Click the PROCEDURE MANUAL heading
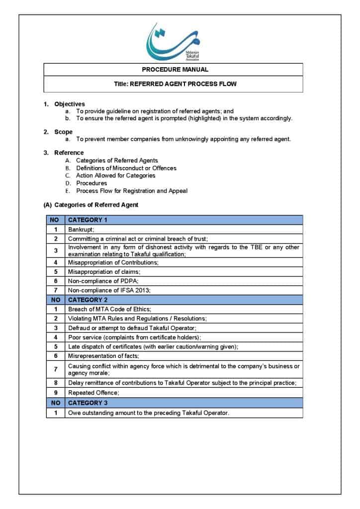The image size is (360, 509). (175, 70)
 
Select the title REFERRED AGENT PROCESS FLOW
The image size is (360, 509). (175, 84)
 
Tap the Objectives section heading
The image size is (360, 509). (70, 104)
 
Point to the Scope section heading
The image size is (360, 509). (63, 132)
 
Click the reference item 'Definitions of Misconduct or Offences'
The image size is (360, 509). (126, 168)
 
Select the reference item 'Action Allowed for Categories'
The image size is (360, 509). (115, 175)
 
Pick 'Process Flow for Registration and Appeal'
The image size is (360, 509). (132, 191)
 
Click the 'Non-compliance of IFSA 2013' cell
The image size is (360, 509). (109, 290)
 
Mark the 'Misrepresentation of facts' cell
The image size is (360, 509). (103, 356)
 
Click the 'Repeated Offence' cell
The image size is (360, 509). (90, 393)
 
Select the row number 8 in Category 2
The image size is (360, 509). (56, 383)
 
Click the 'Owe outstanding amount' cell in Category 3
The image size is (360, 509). (149, 413)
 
